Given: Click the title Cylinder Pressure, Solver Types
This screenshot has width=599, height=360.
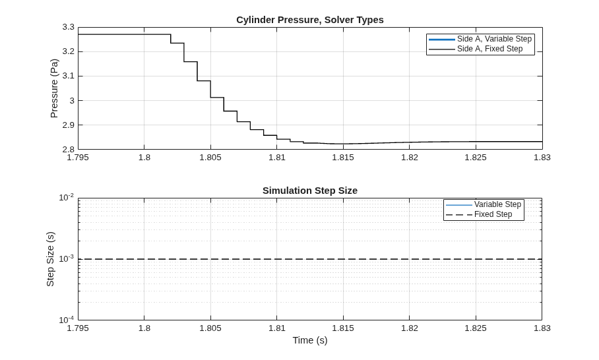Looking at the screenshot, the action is (x=310, y=20).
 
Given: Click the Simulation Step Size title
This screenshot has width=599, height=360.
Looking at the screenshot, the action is (x=310, y=191).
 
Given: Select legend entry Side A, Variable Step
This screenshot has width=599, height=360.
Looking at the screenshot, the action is (x=480, y=39).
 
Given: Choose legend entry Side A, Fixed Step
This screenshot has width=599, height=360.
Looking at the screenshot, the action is (x=476, y=49).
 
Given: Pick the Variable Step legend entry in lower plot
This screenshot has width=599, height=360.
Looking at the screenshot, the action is (x=484, y=204).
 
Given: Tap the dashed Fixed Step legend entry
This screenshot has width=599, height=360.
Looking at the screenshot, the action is (x=479, y=214).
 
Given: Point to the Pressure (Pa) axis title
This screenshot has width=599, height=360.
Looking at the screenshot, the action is (x=54, y=88).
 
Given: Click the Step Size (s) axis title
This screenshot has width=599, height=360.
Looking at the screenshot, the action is (x=50, y=259).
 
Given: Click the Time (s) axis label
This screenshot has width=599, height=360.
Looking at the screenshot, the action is (x=310, y=340).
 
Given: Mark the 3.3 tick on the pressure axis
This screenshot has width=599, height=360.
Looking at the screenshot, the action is (x=69, y=27).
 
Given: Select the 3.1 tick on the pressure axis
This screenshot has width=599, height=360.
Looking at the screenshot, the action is (x=69, y=76).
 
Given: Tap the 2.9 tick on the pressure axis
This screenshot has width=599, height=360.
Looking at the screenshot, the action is (x=69, y=125).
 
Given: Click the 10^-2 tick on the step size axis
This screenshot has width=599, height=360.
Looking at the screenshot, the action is (x=67, y=198).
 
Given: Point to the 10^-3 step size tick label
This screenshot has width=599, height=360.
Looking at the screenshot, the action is (x=67, y=259).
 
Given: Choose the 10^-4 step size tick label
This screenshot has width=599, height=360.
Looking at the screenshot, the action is (x=67, y=320).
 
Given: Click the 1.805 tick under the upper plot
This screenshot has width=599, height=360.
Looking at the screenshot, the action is (x=210, y=158).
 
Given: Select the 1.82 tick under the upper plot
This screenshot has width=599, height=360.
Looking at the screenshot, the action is (x=410, y=158).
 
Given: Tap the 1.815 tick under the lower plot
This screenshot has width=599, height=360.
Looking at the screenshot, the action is (x=343, y=328).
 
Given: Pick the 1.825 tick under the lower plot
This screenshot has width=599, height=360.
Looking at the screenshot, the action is (x=476, y=328).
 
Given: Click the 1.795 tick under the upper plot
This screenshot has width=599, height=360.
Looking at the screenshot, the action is (x=78, y=158).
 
